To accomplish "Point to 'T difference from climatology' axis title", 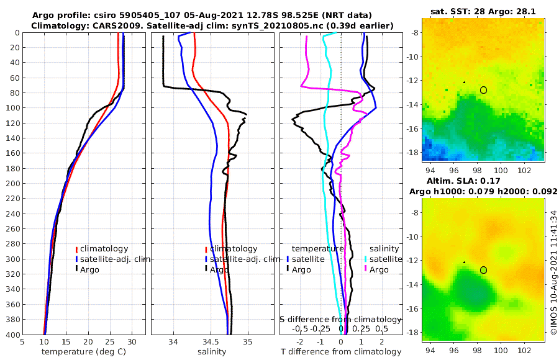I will pos(341,352).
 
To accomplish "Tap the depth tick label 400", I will pos(12,335).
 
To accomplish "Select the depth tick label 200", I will pos(12,184).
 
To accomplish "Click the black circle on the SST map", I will pos(483,90).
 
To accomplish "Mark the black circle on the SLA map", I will pos(483,270).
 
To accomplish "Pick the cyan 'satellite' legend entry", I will pos(381,259).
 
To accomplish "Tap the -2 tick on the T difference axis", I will pos(300,341).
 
